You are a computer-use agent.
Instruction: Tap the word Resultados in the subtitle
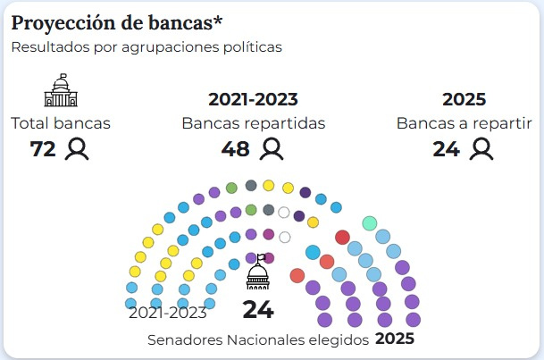click(x=46, y=47)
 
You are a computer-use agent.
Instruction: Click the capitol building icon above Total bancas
click(x=61, y=90)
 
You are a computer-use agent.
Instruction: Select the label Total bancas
click(x=61, y=123)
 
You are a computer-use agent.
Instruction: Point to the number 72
click(x=43, y=149)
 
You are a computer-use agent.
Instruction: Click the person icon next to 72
click(x=78, y=149)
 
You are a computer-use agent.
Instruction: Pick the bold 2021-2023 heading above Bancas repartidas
click(x=253, y=99)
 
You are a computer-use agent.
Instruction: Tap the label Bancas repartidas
click(x=253, y=123)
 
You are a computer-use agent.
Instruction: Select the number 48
click(x=235, y=149)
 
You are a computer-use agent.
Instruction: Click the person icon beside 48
click(x=270, y=149)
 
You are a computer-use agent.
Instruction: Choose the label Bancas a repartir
click(x=470, y=123)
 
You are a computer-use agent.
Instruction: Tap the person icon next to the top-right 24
click(x=482, y=149)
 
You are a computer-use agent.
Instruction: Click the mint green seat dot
click(x=369, y=222)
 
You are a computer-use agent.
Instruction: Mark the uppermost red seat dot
click(x=342, y=237)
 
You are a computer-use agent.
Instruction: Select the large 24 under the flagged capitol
click(x=258, y=310)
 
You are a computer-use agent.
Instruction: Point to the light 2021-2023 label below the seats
click(x=168, y=312)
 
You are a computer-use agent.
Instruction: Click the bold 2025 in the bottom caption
click(x=395, y=339)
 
